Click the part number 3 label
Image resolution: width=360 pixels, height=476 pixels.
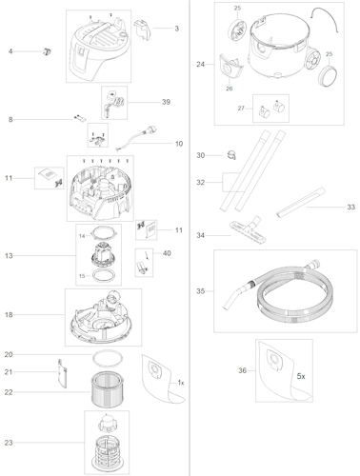click(x=176, y=29)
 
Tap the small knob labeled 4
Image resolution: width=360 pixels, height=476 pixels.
click(x=44, y=50)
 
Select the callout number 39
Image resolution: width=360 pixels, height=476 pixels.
click(x=166, y=102)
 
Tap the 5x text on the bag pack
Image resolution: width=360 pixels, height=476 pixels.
click(x=300, y=377)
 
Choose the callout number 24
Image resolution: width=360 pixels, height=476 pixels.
click(x=200, y=65)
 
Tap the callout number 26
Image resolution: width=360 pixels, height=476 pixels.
click(x=230, y=89)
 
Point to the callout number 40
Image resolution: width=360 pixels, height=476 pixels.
click(x=167, y=253)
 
